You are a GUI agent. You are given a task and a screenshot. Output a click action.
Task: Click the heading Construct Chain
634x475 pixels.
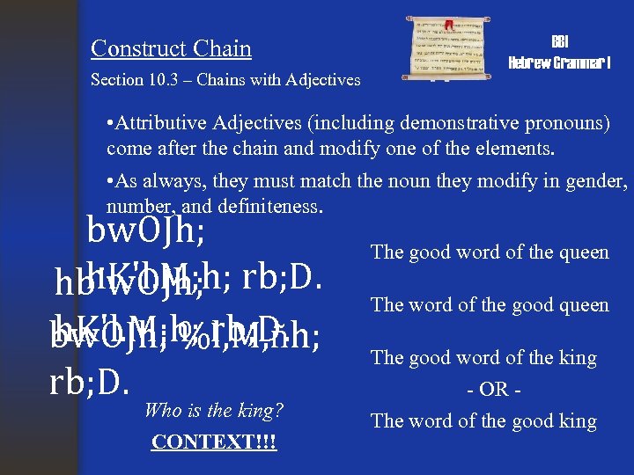[x=171, y=48]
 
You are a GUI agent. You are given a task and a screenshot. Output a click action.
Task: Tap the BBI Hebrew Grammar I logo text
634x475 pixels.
[x=560, y=53]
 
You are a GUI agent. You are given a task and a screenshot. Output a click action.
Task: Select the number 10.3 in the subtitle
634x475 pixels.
[x=166, y=80]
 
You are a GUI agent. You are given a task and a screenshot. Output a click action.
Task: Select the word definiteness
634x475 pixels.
[x=265, y=207]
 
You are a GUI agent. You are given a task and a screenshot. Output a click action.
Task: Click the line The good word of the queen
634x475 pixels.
[x=490, y=252]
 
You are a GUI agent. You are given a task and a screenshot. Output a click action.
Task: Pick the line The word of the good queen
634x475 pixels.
[x=490, y=305]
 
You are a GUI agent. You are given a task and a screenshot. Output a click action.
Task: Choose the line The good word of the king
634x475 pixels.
[x=483, y=358]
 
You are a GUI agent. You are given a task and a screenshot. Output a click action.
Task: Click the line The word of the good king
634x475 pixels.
[x=483, y=420]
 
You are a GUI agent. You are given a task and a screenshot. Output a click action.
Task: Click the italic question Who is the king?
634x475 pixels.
[x=213, y=410]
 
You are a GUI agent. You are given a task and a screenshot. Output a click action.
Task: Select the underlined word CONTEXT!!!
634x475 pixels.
[x=213, y=442]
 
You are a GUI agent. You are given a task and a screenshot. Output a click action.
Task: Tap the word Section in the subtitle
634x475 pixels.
[x=117, y=80]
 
